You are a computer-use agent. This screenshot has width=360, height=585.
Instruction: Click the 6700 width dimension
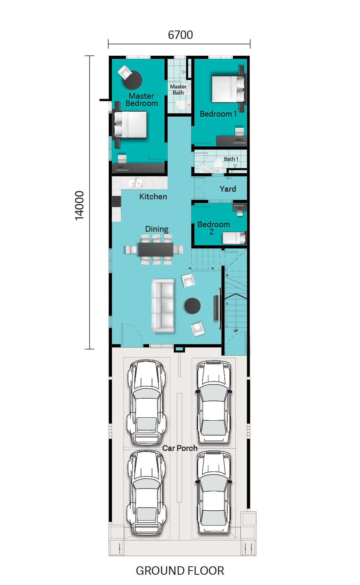coord(181,35)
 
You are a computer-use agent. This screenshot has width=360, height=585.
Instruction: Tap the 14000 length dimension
coord(79,205)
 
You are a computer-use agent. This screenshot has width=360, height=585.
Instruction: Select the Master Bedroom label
coord(142,99)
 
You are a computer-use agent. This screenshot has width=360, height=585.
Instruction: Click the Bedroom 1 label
coord(218,114)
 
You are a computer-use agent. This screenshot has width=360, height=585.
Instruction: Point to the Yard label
coord(228,189)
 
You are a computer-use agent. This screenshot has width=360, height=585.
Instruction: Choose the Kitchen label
coord(153,196)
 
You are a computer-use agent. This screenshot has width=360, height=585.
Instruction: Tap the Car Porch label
coord(180,448)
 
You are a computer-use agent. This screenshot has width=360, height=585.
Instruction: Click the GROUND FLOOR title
coord(180,571)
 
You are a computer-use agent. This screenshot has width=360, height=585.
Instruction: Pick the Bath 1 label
coord(231,159)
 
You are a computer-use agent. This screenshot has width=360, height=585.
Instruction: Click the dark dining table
coord(156,249)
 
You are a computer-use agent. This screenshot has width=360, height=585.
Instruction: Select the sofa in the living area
coord(163,306)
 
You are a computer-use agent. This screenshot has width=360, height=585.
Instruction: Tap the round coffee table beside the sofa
coord(192,306)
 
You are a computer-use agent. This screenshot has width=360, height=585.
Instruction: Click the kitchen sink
coord(136,183)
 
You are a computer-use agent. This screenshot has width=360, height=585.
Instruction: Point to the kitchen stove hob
coord(117,202)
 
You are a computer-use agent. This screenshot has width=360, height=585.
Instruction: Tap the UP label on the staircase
coord(236,331)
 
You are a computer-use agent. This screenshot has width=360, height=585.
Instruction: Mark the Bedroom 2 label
coord(214,228)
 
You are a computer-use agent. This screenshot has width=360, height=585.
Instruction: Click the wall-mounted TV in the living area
coord(217,308)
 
